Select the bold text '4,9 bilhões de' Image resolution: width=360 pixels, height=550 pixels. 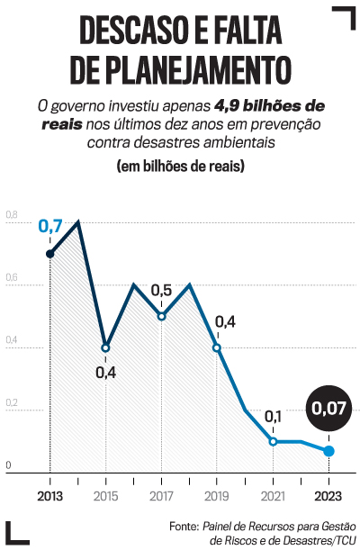[x=269, y=104]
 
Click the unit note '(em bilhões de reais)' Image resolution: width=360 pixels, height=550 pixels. [x=181, y=167]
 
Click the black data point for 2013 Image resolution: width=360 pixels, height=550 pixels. [x=49, y=254]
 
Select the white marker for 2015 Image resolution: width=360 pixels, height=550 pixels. [x=105, y=347]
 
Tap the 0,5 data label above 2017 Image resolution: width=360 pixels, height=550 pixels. [x=161, y=290]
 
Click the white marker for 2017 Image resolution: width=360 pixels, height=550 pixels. [x=161, y=316]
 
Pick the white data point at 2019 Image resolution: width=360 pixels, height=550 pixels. [x=217, y=347]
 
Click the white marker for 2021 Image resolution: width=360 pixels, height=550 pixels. [x=273, y=441]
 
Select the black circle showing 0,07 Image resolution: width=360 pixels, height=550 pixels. [x=328, y=409]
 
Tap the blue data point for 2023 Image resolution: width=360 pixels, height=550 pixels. [x=328, y=451]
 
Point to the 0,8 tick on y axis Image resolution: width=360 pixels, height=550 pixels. [x=11, y=215]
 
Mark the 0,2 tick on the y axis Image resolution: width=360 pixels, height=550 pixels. [x=11, y=403]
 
